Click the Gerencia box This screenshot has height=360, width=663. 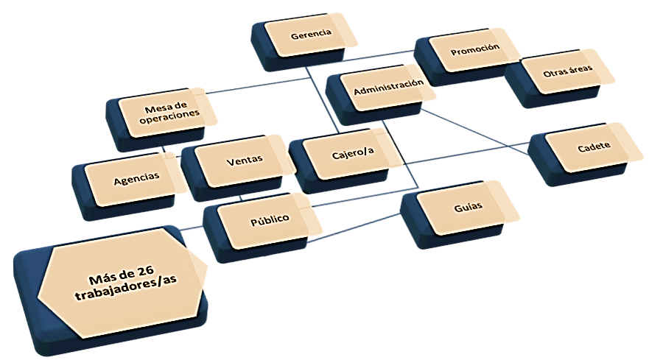tap(311, 35)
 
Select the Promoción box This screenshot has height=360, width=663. tap(474, 49)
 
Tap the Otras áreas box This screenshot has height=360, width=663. tap(566, 73)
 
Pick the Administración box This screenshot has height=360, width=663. tap(388, 88)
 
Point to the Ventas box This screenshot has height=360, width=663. tap(245, 160)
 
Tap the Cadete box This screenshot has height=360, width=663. tap(594, 147)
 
